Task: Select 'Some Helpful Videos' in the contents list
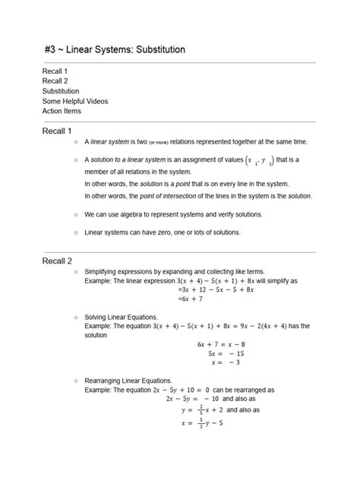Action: click(x=75, y=101)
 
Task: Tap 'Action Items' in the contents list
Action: click(x=62, y=111)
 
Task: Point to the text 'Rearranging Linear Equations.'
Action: click(x=128, y=381)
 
